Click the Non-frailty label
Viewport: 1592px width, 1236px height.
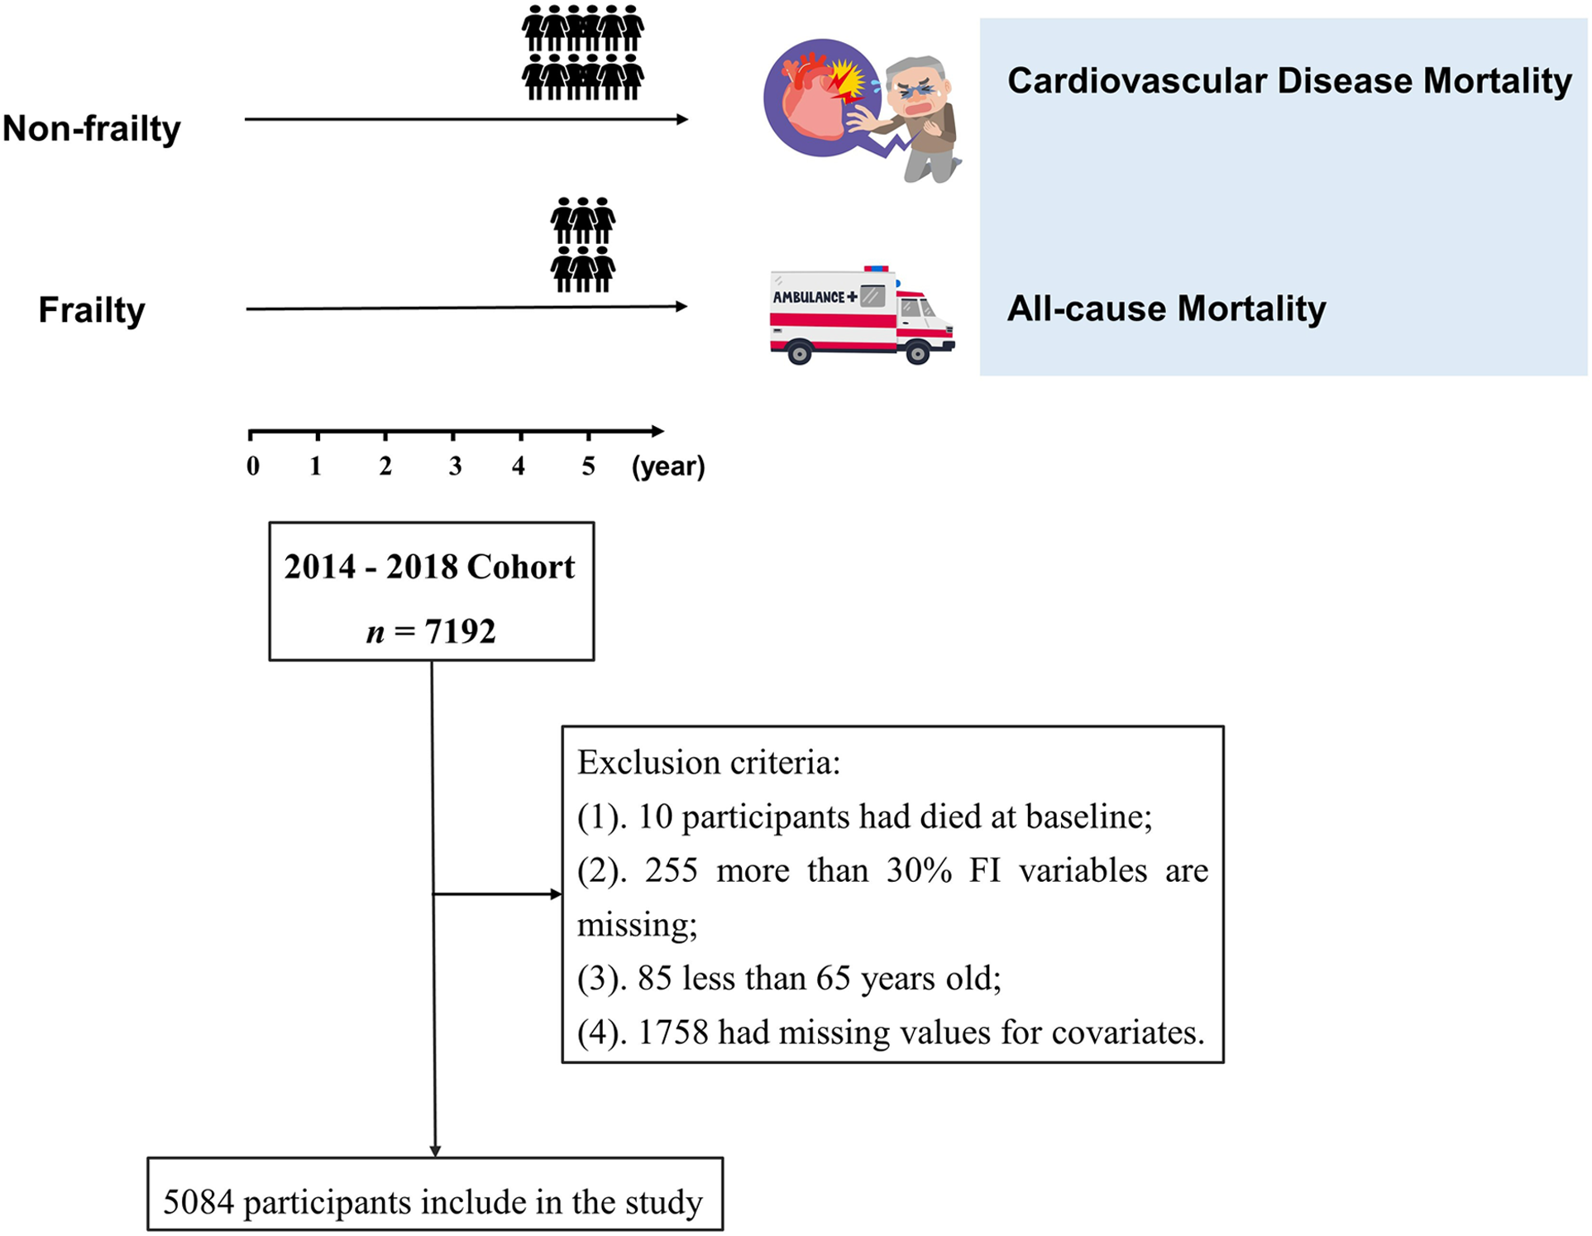click(x=91, y=129)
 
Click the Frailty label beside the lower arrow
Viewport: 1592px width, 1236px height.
click(x=91, y=310)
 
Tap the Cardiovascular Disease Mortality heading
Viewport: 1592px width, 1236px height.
click(x=1288, y=81)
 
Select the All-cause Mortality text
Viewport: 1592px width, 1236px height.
click(x=1165, y=309)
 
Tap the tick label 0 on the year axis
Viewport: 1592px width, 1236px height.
click(x=253, y=467)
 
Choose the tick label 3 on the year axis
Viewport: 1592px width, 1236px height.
click(x=455, y=467)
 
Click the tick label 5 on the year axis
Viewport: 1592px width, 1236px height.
click(x=588, y=467)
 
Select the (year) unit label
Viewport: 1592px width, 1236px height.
click(x=667, y=467)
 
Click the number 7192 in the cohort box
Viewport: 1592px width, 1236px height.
click(x=460, y=632)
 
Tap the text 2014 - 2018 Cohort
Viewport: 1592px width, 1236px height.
click(x=429, y=568)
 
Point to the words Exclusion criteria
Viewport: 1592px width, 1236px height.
click(x=708, y=763)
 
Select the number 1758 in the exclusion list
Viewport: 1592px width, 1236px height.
click(x=673, y=1032)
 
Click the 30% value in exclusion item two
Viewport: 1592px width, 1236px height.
click(x=918, y=871)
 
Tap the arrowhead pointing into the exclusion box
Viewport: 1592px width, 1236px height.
click(x=557, y=894)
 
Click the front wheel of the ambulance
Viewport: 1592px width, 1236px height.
click(x=917, y=354)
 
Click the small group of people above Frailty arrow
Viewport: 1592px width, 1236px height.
click(x=583, y=245)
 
